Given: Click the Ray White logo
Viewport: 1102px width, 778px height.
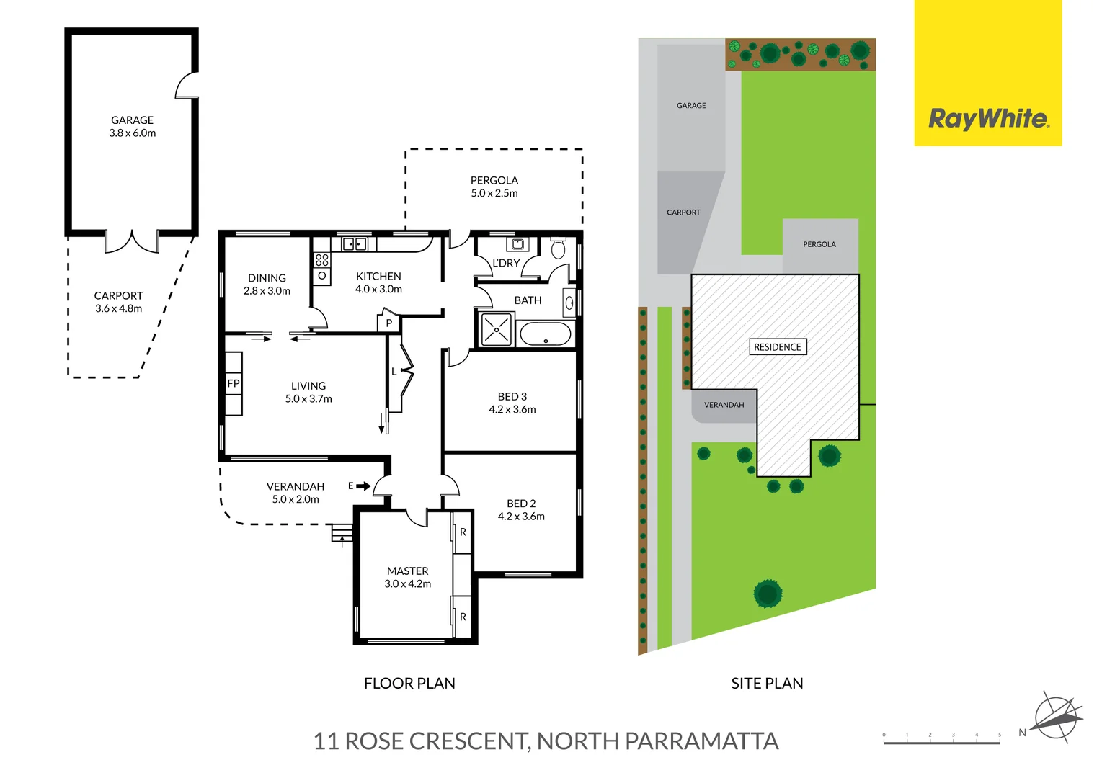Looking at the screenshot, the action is tap(987, 119).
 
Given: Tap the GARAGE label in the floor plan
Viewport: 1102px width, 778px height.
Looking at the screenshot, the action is tap(132, 120).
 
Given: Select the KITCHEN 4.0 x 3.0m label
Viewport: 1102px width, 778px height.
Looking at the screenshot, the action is tap(378, 282).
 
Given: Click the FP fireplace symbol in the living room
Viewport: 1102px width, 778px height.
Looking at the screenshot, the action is tap(234, 384).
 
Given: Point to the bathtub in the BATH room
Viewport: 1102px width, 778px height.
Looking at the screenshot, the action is tap(546, 334).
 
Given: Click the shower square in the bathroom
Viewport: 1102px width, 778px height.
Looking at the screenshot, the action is tap(497, 330).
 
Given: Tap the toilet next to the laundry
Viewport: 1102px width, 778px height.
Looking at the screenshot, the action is tap(558, 249).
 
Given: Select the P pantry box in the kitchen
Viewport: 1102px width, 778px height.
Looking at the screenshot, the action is tap(388, 323).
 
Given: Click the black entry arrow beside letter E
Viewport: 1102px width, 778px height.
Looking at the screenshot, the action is tap(363, 486).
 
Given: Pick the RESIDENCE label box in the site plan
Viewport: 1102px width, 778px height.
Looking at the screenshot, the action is tap(777, 347).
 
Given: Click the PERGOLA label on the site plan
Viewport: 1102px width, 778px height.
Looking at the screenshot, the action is tap(819, 244).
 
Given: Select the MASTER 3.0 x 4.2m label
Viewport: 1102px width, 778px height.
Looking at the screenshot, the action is tap(407, 577).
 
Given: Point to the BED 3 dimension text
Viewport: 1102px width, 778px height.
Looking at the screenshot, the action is tap(512, 410).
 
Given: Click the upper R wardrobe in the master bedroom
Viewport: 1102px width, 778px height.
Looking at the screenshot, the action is tap(463, 532).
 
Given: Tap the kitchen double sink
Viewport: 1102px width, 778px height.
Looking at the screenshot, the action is tap(354, 244).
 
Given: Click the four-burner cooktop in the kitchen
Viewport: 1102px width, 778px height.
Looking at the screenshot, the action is tap(322, 259).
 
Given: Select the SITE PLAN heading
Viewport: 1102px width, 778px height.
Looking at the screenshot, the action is tap(767, 683).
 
